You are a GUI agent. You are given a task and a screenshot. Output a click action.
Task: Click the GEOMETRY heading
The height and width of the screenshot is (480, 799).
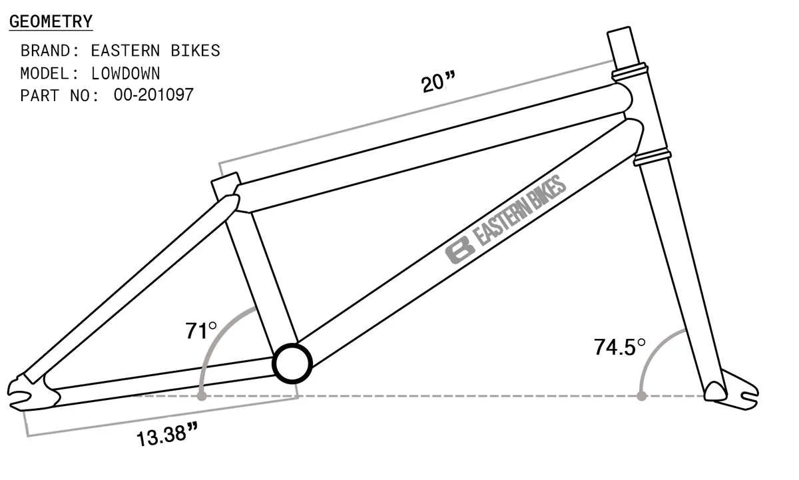[51, 21]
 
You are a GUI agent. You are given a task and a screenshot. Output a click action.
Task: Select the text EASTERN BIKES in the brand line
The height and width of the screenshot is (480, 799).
[155, 51]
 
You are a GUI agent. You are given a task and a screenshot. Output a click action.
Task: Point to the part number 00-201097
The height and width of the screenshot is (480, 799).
[153, 95]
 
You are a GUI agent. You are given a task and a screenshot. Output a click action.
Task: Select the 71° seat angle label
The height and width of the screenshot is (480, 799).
[201, 330]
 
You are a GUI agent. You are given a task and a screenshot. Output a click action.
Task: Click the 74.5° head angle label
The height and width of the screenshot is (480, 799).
[620, 347]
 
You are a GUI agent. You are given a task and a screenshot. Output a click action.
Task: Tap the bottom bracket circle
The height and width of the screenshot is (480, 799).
[292, 363]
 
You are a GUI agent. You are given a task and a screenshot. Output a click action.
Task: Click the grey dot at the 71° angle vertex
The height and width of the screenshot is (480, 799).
[201, 396]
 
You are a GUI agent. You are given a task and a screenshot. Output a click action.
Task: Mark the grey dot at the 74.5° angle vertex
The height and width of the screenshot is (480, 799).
[641, 396]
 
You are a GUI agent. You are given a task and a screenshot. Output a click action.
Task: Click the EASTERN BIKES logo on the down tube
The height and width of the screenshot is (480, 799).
[506, 220]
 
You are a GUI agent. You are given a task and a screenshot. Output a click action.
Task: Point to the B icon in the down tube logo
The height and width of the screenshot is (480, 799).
[459, 252]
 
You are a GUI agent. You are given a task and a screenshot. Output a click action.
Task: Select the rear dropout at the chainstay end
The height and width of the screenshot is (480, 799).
[27, 389]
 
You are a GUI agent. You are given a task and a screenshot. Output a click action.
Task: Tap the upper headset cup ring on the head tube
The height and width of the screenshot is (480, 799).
[630, 68]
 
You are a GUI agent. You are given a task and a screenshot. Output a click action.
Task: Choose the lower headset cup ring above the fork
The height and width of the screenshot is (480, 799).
[651, 157]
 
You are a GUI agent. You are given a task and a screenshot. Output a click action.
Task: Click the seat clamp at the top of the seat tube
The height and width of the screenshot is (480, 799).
[225, 184]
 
